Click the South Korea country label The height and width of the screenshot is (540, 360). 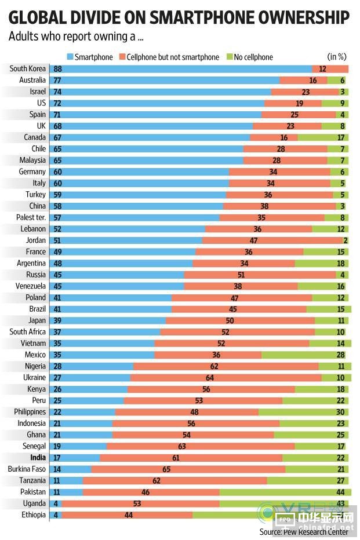point(27,69)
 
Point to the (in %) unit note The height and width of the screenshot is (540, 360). point(337,57)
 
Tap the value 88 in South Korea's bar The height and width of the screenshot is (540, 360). point(58,69)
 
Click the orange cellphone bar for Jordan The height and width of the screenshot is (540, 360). point(272,240)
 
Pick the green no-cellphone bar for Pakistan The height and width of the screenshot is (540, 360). point(284,492)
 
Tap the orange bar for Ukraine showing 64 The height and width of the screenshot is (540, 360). point(226,377)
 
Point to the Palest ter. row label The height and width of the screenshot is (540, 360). point(30,217)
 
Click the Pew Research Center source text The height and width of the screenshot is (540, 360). point(304,531)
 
